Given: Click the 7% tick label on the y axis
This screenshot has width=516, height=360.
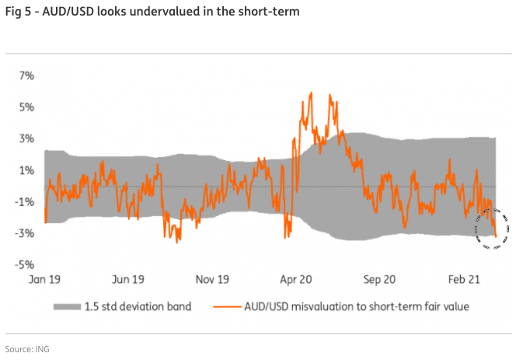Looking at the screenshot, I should click(26, 75).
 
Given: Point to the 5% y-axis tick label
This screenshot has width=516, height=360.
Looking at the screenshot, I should click(26, 107).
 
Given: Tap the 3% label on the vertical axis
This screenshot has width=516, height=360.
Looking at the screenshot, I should click(26, 138).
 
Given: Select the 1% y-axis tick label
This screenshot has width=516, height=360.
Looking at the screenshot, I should click(26, 170).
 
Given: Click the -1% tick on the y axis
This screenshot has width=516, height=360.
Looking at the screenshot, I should click(25, 201).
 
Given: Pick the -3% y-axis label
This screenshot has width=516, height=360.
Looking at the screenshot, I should click(25, 232).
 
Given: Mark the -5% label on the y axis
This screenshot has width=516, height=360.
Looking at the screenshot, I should click(25, 264).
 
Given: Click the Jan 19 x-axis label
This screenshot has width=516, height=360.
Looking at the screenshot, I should click(46, 278).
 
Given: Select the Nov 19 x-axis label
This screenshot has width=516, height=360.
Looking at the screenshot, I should click(211, 278).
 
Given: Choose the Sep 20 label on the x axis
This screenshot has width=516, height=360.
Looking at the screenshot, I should click(380, 278).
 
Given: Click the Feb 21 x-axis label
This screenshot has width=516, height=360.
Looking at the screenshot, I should click(464, 278).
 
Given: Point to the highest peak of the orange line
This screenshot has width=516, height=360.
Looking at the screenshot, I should click(311, 93).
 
